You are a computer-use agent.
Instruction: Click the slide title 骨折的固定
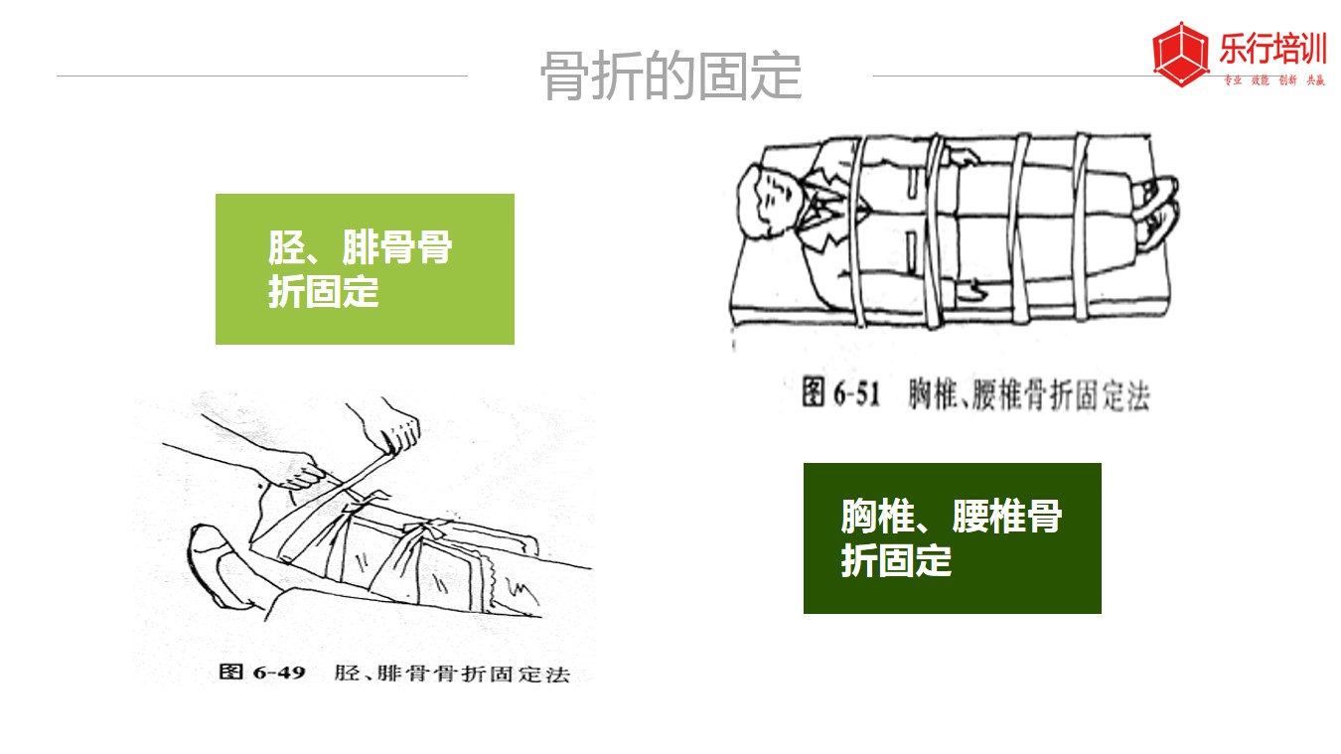pos(670,76)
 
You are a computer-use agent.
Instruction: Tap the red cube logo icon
pos(1180,54)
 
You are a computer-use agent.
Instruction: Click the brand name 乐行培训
pos(1272,48)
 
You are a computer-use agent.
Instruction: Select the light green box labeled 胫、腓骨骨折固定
pos(365,269)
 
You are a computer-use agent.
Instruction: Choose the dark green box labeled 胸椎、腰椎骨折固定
pos(952,537)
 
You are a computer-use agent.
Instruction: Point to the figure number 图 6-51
pos(840,393)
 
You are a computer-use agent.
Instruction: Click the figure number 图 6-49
pos(262,672)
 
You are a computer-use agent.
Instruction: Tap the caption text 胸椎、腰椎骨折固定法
pos(1029,394)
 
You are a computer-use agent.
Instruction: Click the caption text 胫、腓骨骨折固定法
pos(452,674)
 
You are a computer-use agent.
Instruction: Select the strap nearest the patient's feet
pos(1080,226)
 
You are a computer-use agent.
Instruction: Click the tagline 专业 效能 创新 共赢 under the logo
pos(1273,80)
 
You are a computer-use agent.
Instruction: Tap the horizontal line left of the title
pos(262,76)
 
